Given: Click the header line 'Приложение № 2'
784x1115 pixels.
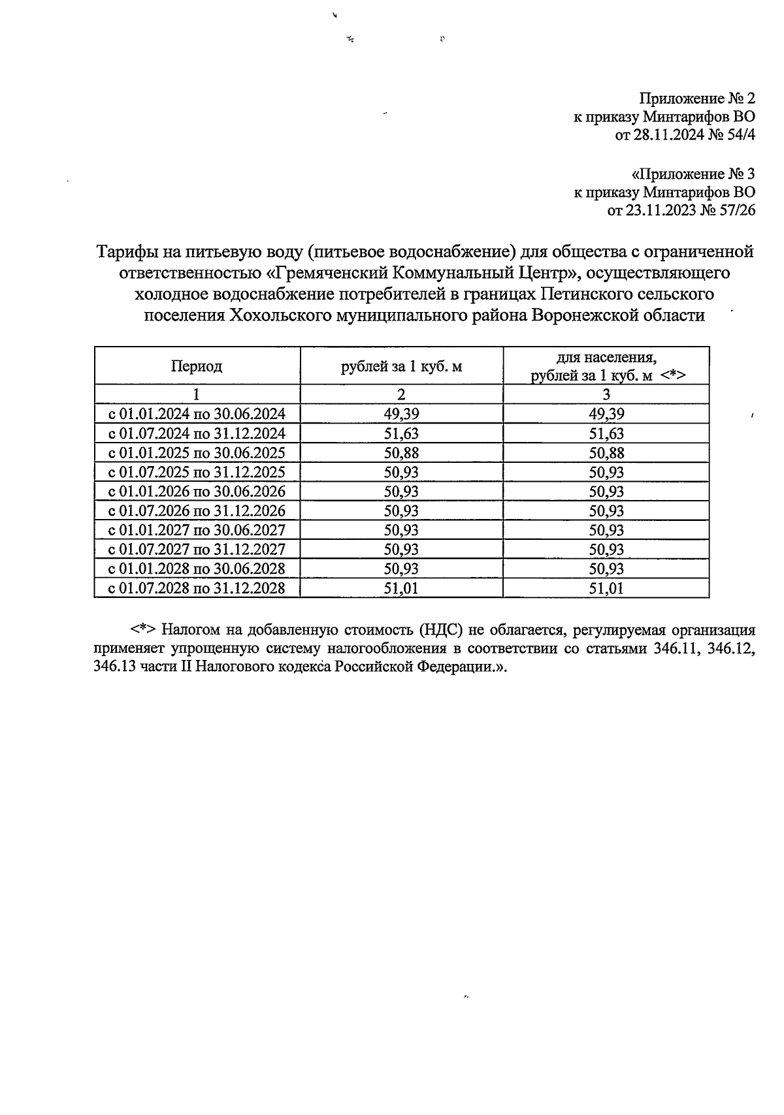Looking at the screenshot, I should point(696,99).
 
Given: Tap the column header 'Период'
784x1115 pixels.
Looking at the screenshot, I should point(197,366).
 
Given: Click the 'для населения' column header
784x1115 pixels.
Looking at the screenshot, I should point(606,358).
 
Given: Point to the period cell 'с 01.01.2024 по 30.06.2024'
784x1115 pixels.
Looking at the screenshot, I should point(197,414).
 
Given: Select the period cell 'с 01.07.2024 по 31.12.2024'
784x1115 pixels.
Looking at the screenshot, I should point(197,433).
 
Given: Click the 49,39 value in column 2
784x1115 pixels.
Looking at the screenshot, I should point(401,414).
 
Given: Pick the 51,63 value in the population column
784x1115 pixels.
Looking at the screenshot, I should point(606,433).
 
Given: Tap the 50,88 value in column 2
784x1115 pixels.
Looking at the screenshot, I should point(401,453).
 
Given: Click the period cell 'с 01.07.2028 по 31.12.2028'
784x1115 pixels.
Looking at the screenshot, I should point(197,588).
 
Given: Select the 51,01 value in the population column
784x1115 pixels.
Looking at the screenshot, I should point(606,588).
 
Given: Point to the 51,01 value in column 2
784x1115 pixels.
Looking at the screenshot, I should point(401,588).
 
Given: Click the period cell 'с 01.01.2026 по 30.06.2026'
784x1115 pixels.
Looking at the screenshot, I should point(197,492).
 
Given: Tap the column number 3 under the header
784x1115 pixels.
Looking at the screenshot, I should point(606,394).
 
